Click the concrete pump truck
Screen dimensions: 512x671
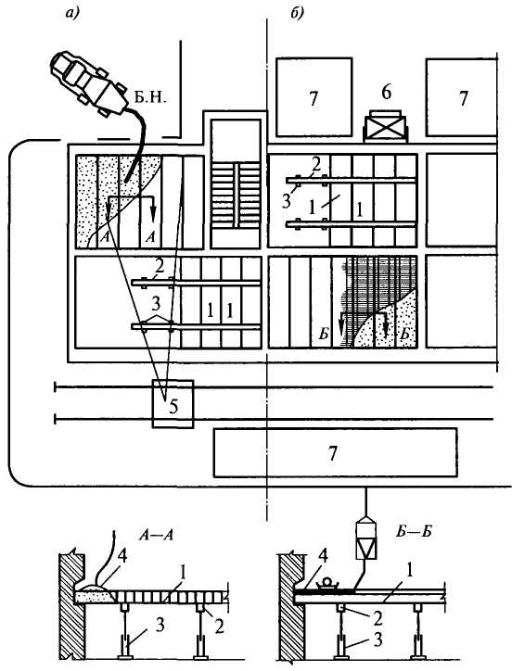coord(89,83)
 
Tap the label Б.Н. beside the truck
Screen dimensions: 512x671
coord(150,98)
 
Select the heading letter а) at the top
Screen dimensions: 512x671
coord(72,14)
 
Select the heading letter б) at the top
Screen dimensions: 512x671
coord(297,13)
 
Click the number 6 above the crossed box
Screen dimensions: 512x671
coord(387,92)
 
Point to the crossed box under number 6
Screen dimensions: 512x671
coord(385,127)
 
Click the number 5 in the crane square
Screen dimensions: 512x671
coord(173,406)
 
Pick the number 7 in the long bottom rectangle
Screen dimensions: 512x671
coord(333,453)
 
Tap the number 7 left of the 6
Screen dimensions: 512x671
coord(314,99)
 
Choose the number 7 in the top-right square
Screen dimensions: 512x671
coord(464,98)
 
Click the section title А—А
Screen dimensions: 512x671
coord(157,535)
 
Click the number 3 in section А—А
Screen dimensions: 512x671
coord(160,626)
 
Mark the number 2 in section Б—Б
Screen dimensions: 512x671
coord(378,618)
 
